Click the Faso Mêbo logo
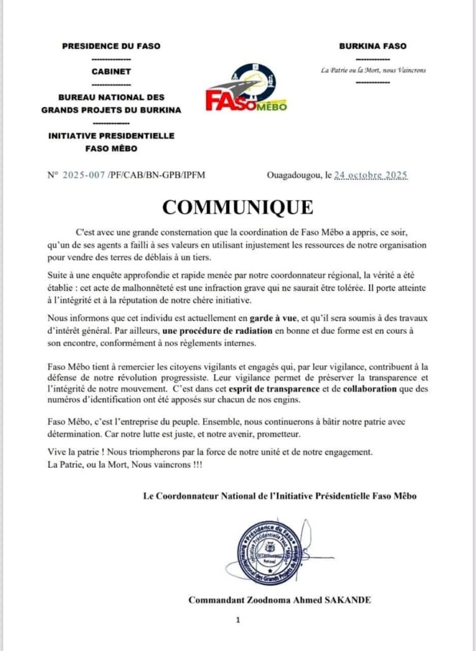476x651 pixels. point(246,88)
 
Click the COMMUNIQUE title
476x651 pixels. point(237,207)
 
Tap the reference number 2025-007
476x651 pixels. point(84,174)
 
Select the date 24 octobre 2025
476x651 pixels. point(371,174)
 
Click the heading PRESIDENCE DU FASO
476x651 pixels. point(111,46)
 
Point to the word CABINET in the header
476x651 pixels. point(111,71)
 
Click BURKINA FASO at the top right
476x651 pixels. point(373,46)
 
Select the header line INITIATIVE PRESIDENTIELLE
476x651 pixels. point(111,136)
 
